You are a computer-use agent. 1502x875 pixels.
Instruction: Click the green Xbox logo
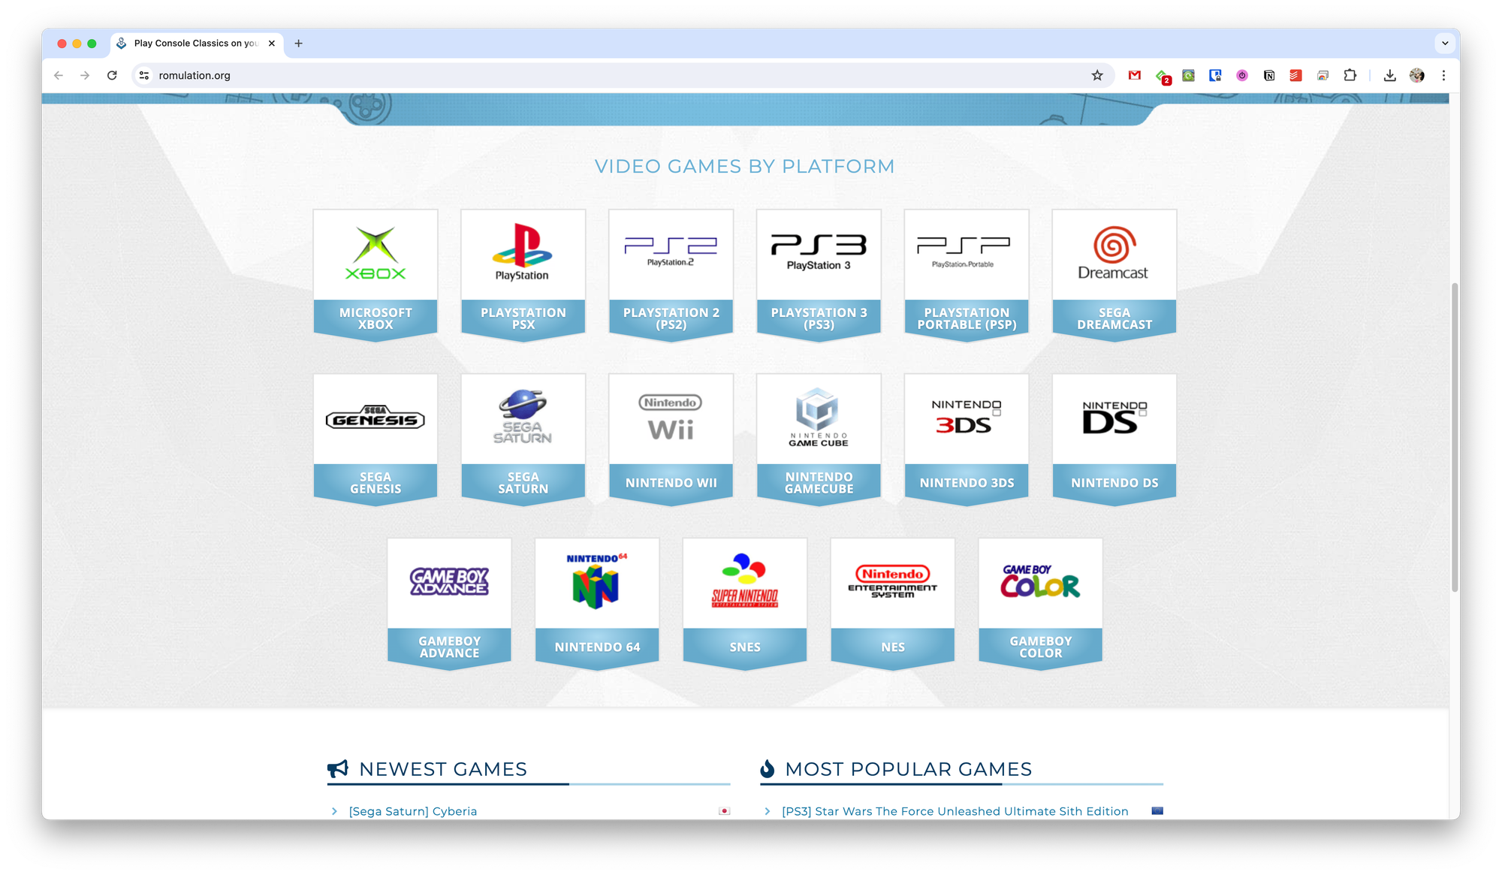(375, 253)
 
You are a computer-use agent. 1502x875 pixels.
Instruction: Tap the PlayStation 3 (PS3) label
(819, 318)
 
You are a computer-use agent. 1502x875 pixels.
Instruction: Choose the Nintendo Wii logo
(671, 418)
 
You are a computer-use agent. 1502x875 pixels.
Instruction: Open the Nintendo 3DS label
(967, 483)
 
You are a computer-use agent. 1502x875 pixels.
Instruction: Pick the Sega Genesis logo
(375, 418)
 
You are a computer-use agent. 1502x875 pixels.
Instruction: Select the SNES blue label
(745, 647)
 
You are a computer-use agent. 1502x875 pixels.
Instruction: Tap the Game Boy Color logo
(1040, 581)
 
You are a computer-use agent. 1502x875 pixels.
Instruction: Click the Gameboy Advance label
(449, 647)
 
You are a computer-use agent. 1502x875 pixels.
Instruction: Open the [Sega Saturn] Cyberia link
(412, 811)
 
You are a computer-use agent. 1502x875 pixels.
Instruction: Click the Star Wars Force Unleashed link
(955, 811)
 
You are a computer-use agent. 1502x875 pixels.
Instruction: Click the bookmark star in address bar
(1097, 75)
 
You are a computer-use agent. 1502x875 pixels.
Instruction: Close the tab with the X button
(272, 44)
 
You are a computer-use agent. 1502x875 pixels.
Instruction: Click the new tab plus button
(299, 44)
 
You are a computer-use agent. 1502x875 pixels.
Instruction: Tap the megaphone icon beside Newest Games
(338, 768)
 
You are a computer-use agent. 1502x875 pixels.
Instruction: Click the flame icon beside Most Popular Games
(767, 768)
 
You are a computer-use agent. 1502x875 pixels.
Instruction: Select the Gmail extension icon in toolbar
(1135, 75)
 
